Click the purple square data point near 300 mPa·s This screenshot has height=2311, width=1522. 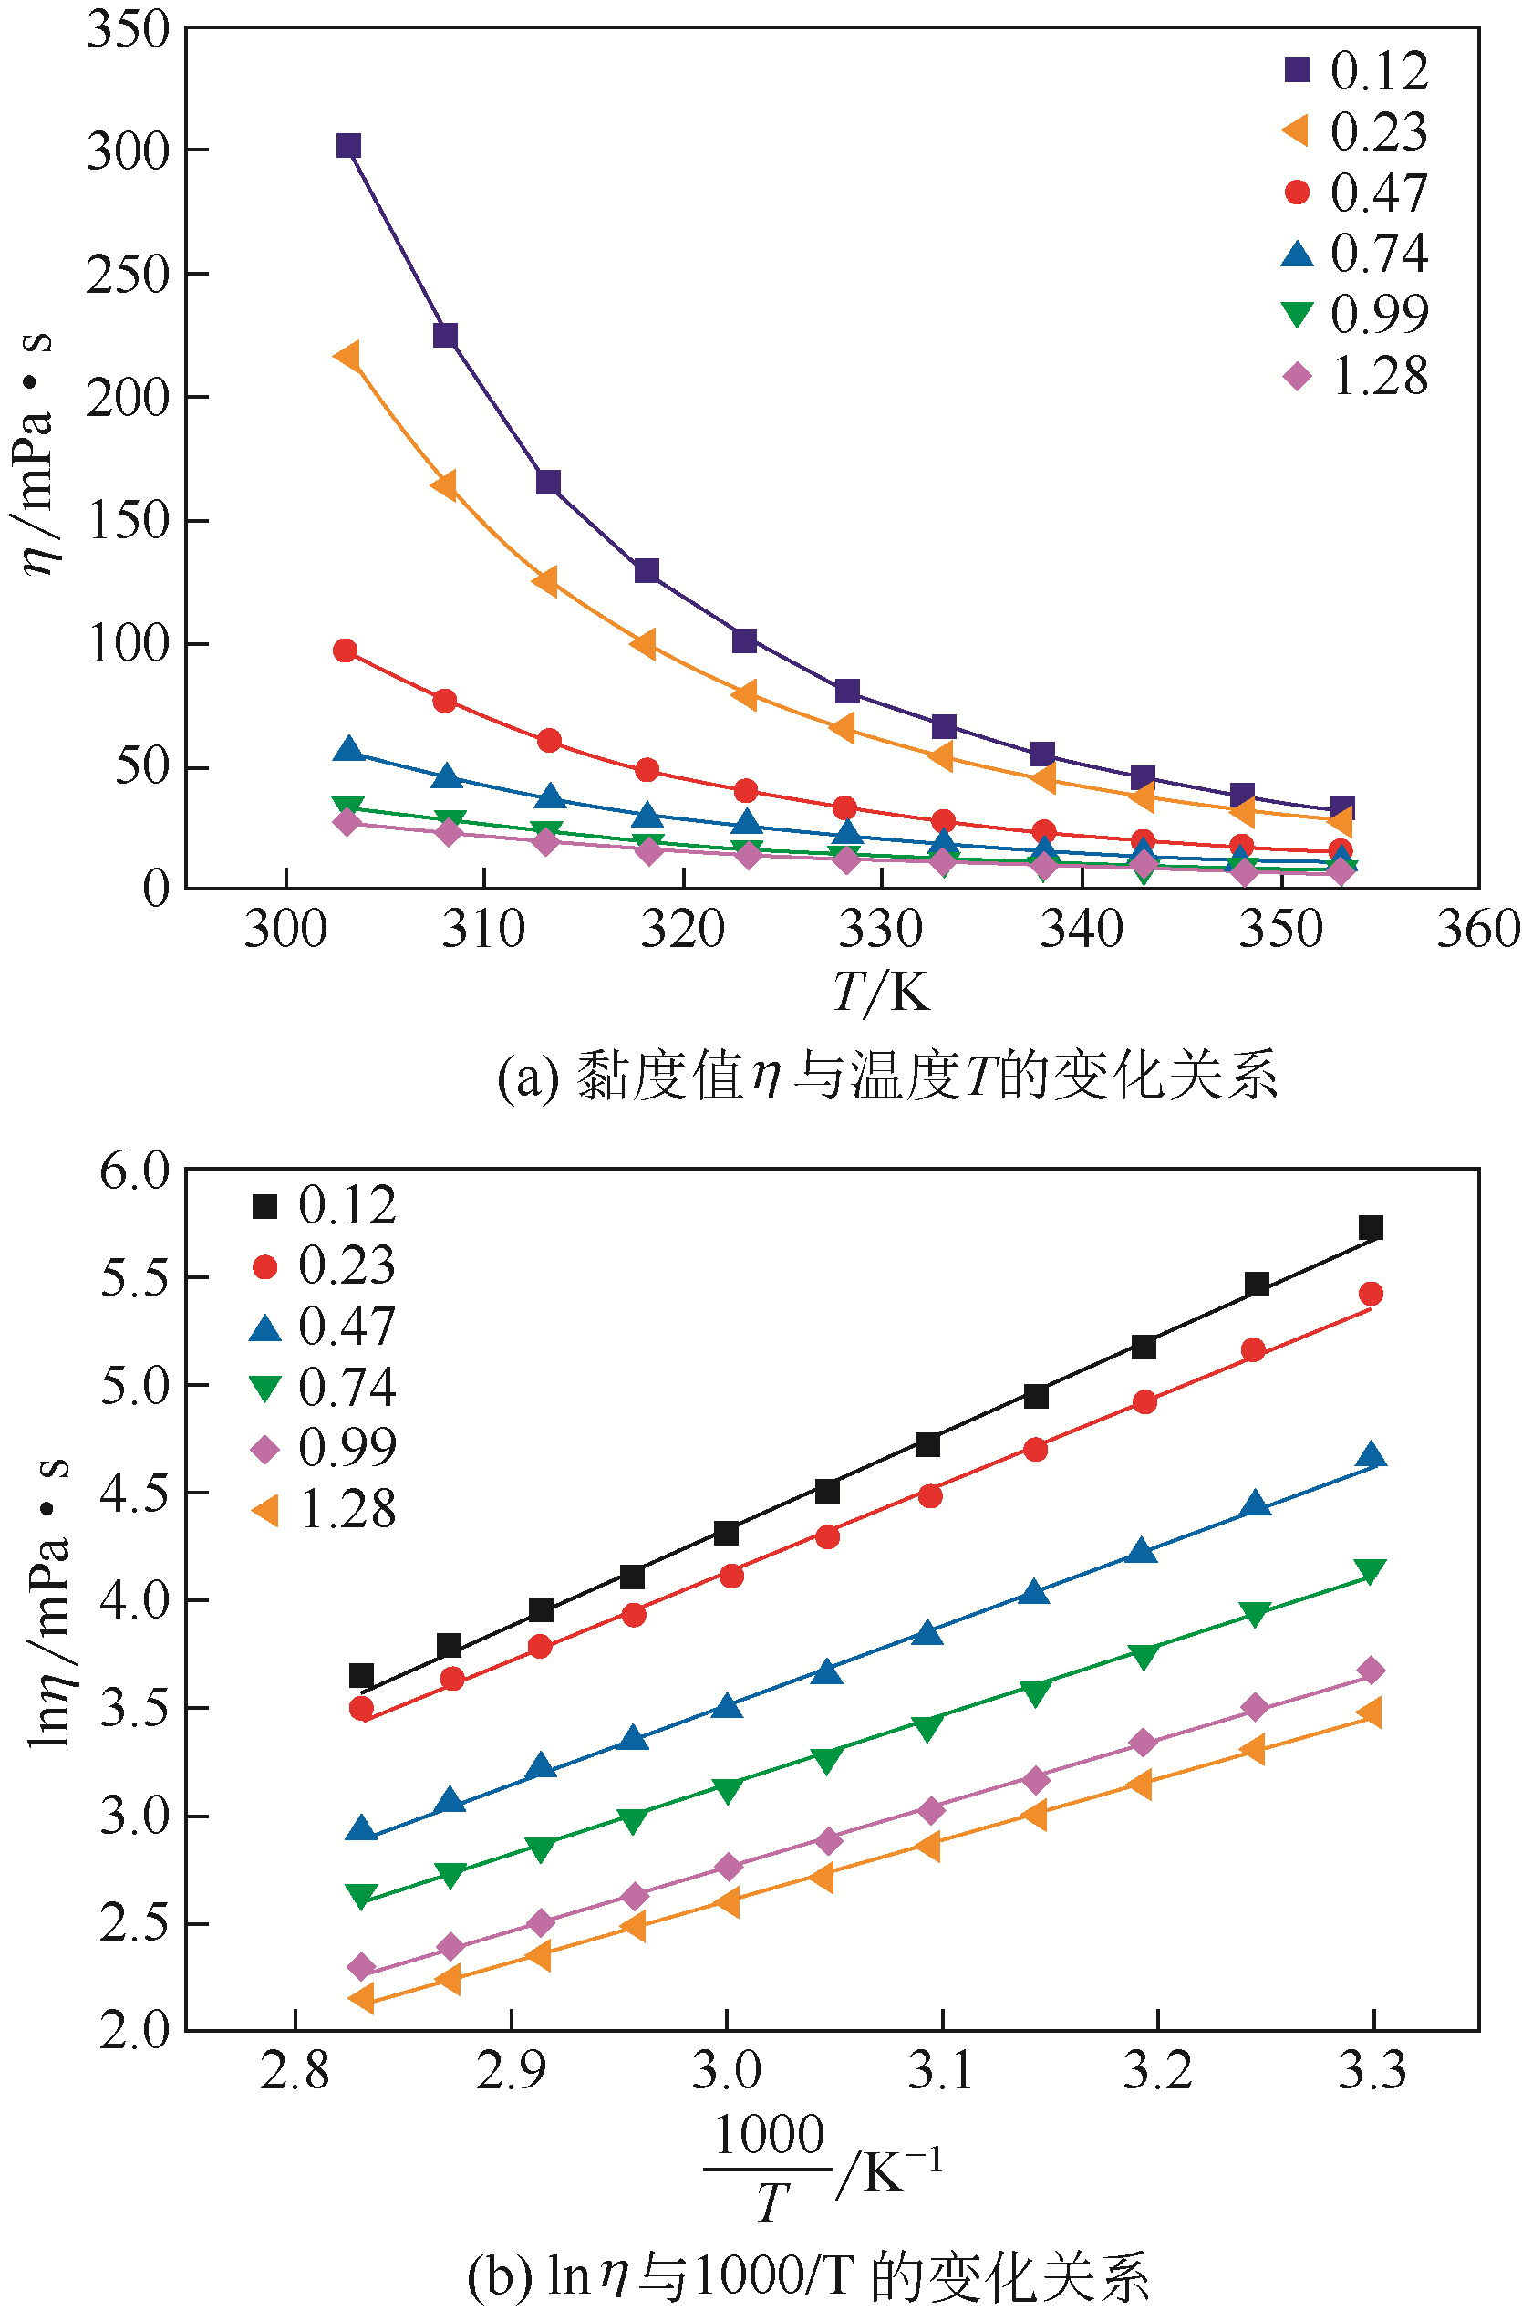point(348,146)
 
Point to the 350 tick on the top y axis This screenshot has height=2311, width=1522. point(129,29)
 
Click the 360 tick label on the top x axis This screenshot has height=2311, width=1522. point(1477,930)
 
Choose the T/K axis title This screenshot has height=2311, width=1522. point(880,992)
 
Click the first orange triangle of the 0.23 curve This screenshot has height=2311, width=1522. point(347,356)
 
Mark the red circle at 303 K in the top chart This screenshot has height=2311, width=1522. point(345,651)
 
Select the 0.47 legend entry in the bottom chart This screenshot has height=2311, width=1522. point(323,1327)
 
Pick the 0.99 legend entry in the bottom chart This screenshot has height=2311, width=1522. point(323,1448)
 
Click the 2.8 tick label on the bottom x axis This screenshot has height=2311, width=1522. point(295,2071)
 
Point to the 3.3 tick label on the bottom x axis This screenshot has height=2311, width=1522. point(1372,2071)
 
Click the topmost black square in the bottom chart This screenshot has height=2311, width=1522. point(1371,1228)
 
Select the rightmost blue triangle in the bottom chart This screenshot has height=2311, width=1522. point(1371,1455)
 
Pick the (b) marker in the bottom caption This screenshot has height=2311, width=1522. point(499,2275)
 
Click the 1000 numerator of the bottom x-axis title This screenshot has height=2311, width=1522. point(769,2135)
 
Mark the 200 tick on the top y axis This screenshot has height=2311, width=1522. point(129,397)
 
